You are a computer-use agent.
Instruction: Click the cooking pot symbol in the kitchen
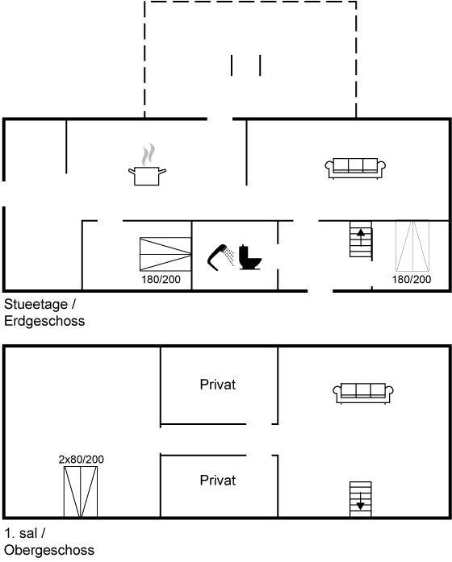click(x=147, y=176)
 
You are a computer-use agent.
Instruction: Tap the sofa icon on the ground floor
click(x=355, y=168)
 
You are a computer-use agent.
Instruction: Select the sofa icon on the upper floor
click(x=363, y=393)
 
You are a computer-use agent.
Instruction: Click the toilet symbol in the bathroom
click(x=250, y=257)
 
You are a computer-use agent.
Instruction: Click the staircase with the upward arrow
click(x=361, y=239)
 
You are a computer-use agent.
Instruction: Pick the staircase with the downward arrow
click(x=361, y=499)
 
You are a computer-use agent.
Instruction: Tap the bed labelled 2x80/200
click(x=81, y=492)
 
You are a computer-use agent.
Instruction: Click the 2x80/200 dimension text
click(x=81, y=459)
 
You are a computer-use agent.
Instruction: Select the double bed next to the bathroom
click(x=165, y=254)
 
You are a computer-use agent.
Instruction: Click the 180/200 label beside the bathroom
click(x=161, y=279)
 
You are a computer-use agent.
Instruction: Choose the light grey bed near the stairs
click(x=412, y=246)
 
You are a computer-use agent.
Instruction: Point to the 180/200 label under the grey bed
click(x=412, y=279)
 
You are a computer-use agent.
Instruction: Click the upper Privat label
click(x=218, y=385)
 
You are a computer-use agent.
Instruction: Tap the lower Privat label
click(x=218, y=481)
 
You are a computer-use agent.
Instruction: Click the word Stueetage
click(x=36, y=304)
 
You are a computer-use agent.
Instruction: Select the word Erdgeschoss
click(x=44, y=321)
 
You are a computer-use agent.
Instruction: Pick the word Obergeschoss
click(x=49, y=550)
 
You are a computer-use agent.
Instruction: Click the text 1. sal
click(x=21, y=533)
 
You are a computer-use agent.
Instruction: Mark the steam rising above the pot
click(x=148, y=155)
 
